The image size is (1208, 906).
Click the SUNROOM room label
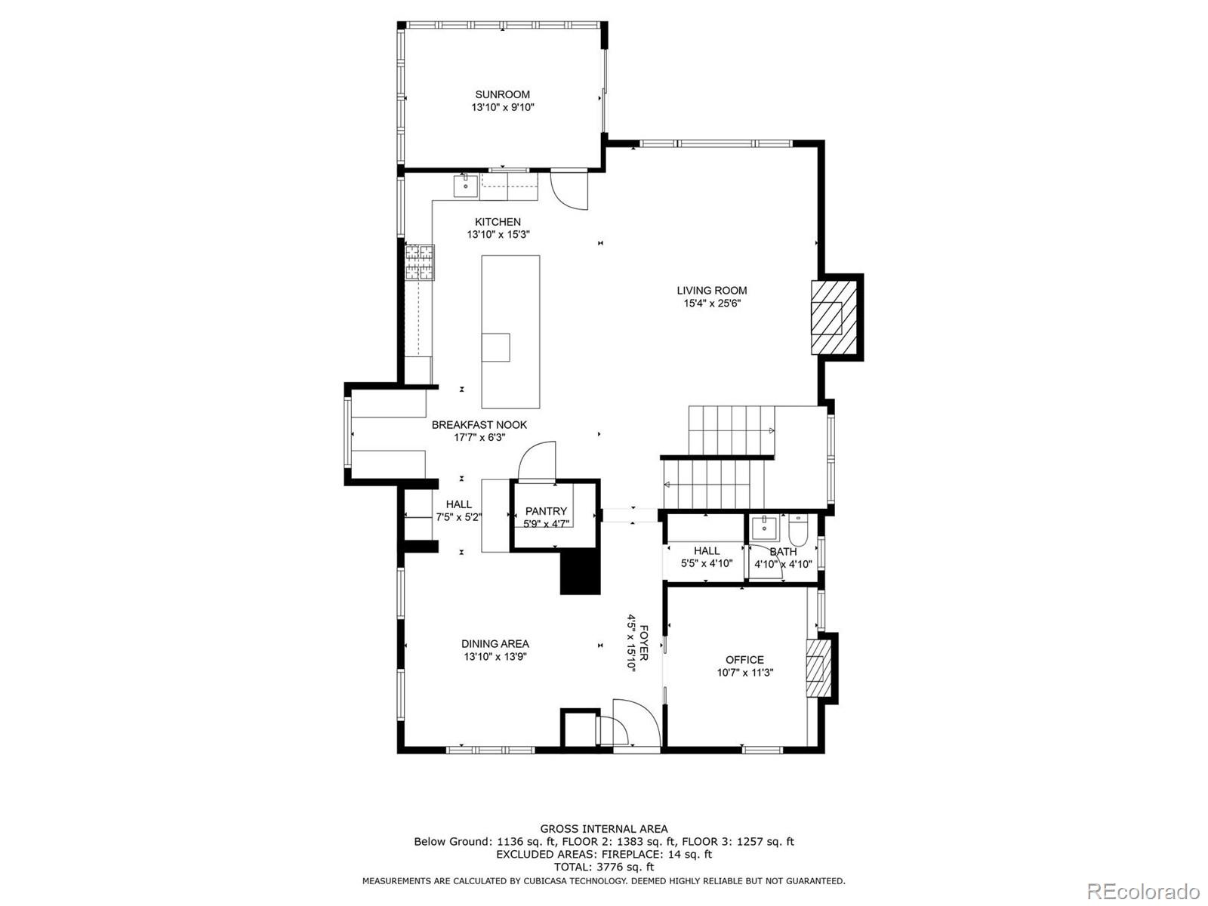(503, 94)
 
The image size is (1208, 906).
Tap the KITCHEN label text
(498, 222)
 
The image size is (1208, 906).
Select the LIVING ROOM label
(712, 291)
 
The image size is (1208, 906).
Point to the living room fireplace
(834, 317)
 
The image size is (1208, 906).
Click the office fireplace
(818, 668)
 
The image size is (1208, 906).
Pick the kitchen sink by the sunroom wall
(466, 186)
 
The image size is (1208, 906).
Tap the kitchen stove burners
(419, 263)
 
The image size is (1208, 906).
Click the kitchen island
(510, 331)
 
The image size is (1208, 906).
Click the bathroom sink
(764, 528)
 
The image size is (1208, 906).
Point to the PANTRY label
(546, 511)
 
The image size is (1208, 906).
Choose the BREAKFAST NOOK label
(479, 424)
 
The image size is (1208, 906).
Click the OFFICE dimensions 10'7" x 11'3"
(744, 672)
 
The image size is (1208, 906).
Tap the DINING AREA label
(495, 643)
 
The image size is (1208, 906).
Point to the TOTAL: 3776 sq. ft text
(604, 867)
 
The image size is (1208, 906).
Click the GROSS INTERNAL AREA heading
(604, 828)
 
